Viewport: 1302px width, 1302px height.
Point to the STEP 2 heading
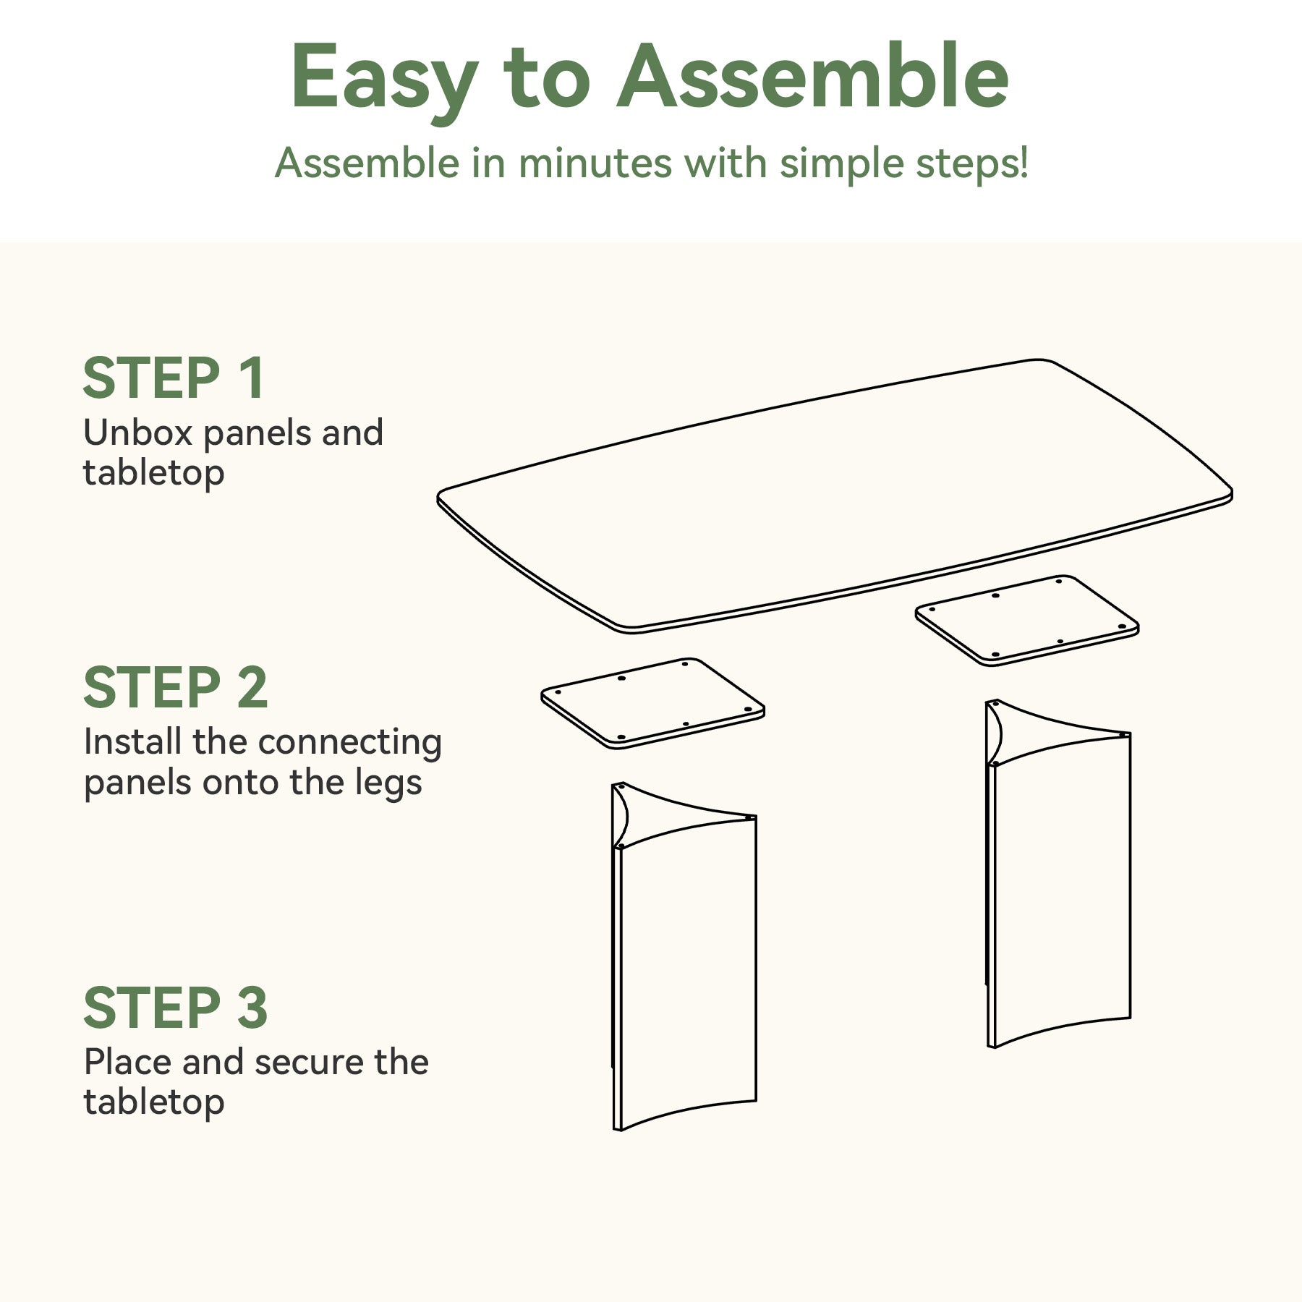(176, 687)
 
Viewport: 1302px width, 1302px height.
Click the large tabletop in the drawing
(835, 496)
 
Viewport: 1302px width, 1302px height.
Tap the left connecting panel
(652, 703)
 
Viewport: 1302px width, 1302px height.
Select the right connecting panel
(1027, 621)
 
